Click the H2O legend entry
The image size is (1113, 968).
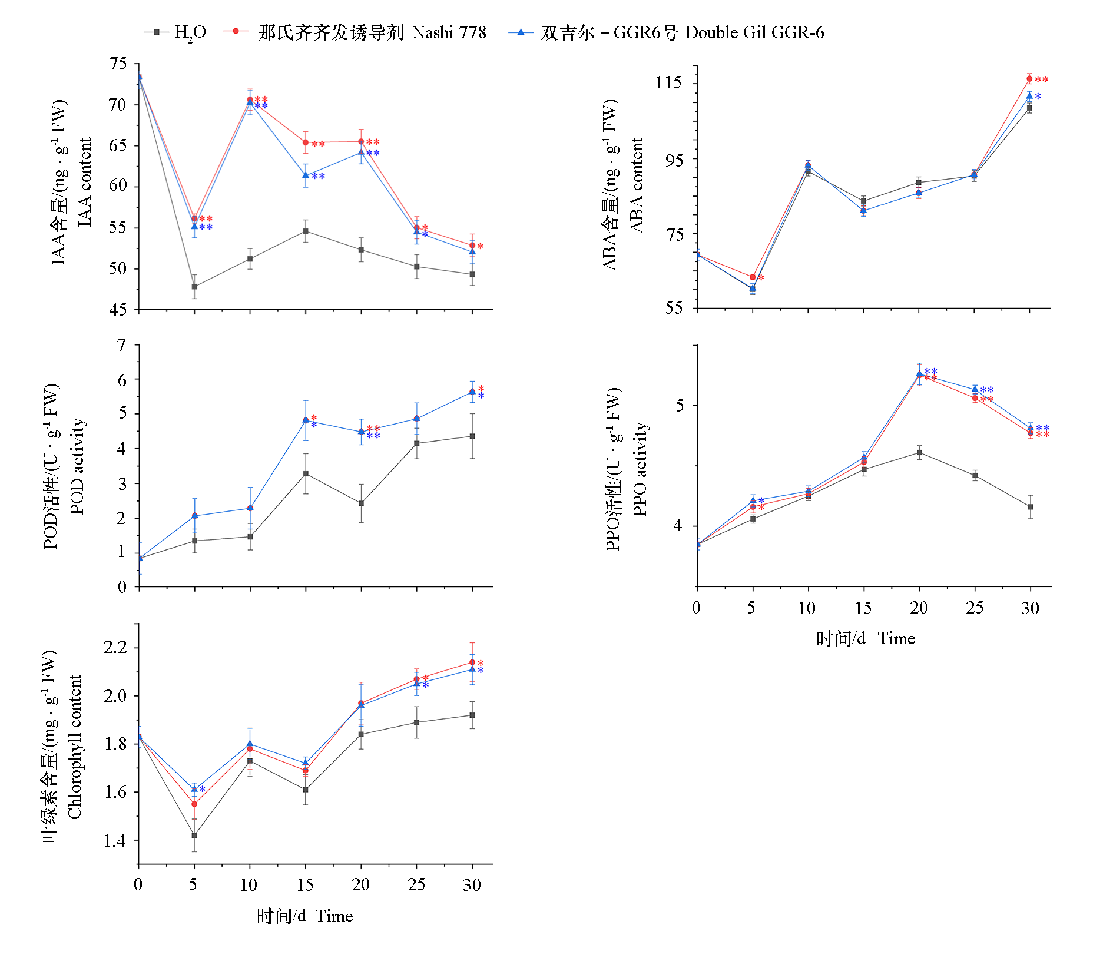click(x=175, y=32)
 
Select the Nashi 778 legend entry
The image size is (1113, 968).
click(x=355, y=32)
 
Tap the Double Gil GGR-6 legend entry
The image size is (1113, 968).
click(x=667, y=32)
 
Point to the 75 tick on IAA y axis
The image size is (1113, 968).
click(x=118, y=64)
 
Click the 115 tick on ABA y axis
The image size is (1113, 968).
click(x=668, y=82)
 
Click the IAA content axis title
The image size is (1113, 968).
click(x=85, y=183)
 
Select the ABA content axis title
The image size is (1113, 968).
click(x=637, y=185)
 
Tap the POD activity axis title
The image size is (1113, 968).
click(x=77, y=466)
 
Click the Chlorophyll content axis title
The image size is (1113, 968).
click(x=74, y=747)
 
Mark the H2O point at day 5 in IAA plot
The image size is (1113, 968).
click(x=194, y=287)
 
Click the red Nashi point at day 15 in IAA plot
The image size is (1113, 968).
click(x=306, y=142)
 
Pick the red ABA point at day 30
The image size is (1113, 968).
click(x=1029, y=79)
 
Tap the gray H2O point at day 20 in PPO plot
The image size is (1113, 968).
click(x=919, y=453)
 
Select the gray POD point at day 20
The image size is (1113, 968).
click(x=361, y=503)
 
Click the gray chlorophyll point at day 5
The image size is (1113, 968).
click(x=194, y=835)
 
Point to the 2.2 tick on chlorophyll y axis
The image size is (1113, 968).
click(x=115, y=648)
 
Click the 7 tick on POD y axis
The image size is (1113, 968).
click(x=122, y=345)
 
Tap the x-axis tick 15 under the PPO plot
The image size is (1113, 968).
click(x=863, y=608)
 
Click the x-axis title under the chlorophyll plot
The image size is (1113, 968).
click(x=304, y=916)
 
